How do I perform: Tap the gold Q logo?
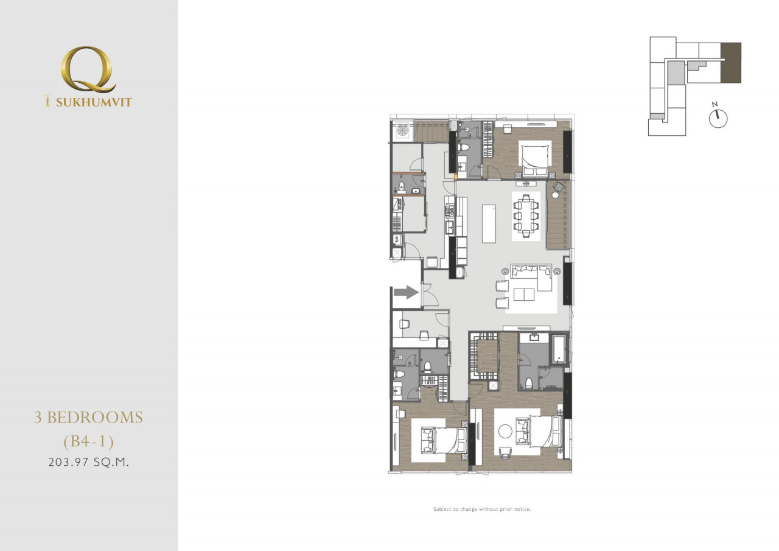88,70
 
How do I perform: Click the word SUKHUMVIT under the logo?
94,102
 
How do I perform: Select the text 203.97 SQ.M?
89,462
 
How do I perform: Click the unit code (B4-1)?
89,441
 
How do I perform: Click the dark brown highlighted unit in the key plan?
731,63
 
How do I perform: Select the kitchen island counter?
489,223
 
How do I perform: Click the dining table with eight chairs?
526,216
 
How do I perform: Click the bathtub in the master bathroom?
559,349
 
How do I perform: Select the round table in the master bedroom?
505,432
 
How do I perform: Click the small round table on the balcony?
555,195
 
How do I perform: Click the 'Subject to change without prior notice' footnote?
482,509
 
